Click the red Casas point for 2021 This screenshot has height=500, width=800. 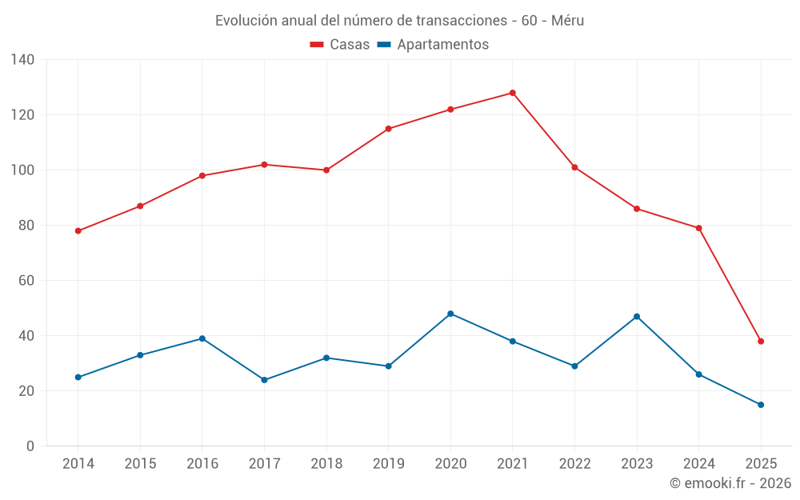click(513, 93)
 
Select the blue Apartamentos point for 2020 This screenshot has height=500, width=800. click(450, 314)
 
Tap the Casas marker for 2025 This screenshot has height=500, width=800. click(761, 342)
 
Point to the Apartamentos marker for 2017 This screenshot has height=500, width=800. click(264, 380)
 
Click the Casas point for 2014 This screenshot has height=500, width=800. click(78, 231)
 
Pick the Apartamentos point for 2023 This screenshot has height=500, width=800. click(637, 317)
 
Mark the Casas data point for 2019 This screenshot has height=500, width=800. click(388, 129)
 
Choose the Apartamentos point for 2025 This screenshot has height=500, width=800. click(761, 405)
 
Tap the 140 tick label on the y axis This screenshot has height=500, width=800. click(23, 60)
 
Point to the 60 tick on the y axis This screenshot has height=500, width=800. click(27, 281)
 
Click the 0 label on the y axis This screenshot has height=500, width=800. click(30, 446)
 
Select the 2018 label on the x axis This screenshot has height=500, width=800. click(326, 464)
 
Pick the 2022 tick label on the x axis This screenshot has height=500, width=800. click(574, 464)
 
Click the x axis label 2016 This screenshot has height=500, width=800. click(202, 464)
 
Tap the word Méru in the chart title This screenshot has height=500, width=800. click(568, 21)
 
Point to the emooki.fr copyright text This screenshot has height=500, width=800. click(730, 483)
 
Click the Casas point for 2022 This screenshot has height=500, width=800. click(574, 167)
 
